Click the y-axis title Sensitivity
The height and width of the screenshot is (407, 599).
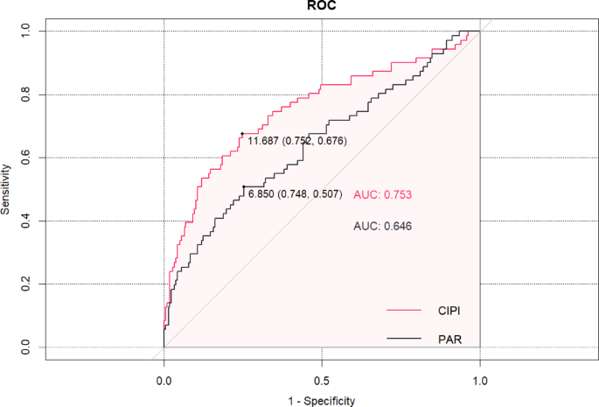tap(7, 188)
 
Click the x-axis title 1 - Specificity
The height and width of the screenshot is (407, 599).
tap(321, 400)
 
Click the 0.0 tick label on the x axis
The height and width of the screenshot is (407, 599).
tap(164, 382)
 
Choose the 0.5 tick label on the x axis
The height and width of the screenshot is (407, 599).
tap(322, 382)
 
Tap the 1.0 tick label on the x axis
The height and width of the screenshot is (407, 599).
tap(480, 382)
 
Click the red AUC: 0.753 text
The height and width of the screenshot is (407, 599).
tap(382, 194)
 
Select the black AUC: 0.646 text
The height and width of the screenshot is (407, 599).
tap(382, 226)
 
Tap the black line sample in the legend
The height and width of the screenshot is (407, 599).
tap(405, 337)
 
